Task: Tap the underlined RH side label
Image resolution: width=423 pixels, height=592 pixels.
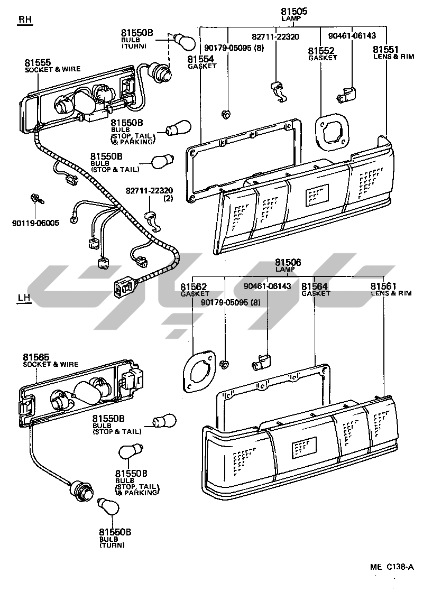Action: pos(25,20)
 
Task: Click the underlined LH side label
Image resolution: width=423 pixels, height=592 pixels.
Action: pos(24,297)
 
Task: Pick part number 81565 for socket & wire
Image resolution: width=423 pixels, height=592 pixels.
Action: pos(36,358)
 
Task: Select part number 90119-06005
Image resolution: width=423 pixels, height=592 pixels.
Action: pos(35,223)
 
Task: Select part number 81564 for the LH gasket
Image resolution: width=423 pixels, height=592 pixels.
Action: pos(315,286)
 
